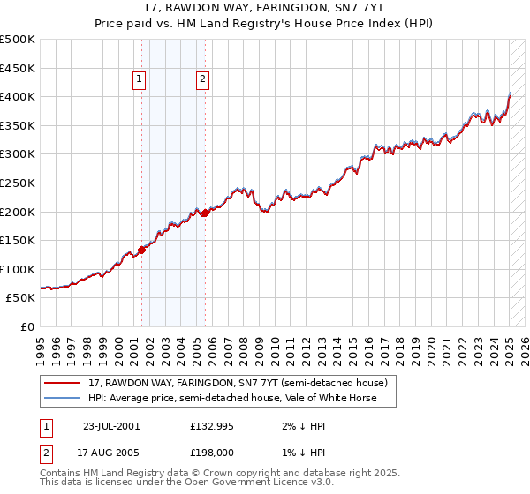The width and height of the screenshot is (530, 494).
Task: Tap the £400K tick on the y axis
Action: tap(19, 96)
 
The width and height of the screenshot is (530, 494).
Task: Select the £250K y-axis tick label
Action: tap(19, 183)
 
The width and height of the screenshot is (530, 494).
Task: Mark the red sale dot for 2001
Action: tap(141, 250)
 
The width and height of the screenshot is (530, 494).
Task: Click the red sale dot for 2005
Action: tap(205, 212)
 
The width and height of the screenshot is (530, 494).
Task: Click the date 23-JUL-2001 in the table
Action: tap(111, 425)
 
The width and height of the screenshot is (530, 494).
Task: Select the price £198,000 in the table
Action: tap(211, 453)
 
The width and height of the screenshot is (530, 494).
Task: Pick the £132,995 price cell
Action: tap(211, 425)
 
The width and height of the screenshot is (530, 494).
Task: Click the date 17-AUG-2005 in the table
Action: tap(111, 453)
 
